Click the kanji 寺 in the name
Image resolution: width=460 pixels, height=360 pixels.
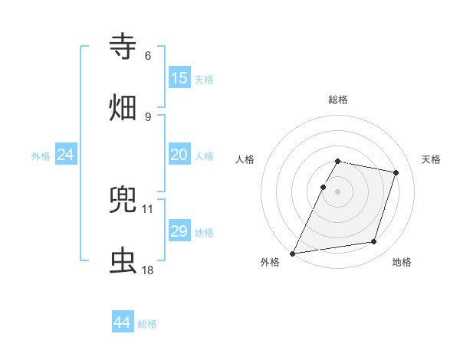pos(123,47)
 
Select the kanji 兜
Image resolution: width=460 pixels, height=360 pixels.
pos(123,200)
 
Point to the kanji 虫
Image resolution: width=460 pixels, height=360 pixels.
pos(123,261)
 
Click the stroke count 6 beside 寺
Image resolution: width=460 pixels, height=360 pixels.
pos(148,56)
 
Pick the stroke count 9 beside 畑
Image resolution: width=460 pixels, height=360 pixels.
pos(148,116)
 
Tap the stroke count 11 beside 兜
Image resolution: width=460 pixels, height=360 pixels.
pos(148,208)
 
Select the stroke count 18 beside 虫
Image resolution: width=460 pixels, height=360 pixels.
pos(148,270)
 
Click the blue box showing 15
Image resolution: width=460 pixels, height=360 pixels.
pos(179,78)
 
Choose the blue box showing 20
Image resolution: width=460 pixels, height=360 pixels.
pos(179,155)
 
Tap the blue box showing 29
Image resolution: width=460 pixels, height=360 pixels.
pos(179,231)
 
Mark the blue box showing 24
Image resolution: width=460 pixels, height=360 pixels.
pos(66,155)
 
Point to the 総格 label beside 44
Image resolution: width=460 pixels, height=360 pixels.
pos(147,324)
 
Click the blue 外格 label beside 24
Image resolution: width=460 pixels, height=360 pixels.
pos(41,156)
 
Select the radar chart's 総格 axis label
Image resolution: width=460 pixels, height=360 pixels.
pos(337,100)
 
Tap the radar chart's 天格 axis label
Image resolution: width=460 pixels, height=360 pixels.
pos(431,159)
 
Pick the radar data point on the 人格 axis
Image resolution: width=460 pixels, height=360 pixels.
pos(323,187)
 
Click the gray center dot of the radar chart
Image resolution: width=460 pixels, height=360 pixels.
pos(337,191)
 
